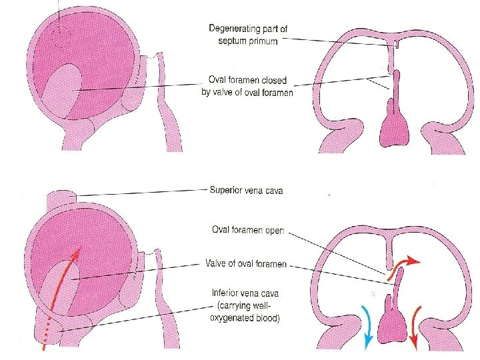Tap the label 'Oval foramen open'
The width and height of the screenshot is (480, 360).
click(246, 231)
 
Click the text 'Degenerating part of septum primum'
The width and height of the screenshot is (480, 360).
click(247, 35)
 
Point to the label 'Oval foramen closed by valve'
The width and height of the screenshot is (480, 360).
click(247, 87)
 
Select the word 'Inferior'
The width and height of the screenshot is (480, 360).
click(227, 292)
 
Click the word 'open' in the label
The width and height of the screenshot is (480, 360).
click(274, 231)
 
